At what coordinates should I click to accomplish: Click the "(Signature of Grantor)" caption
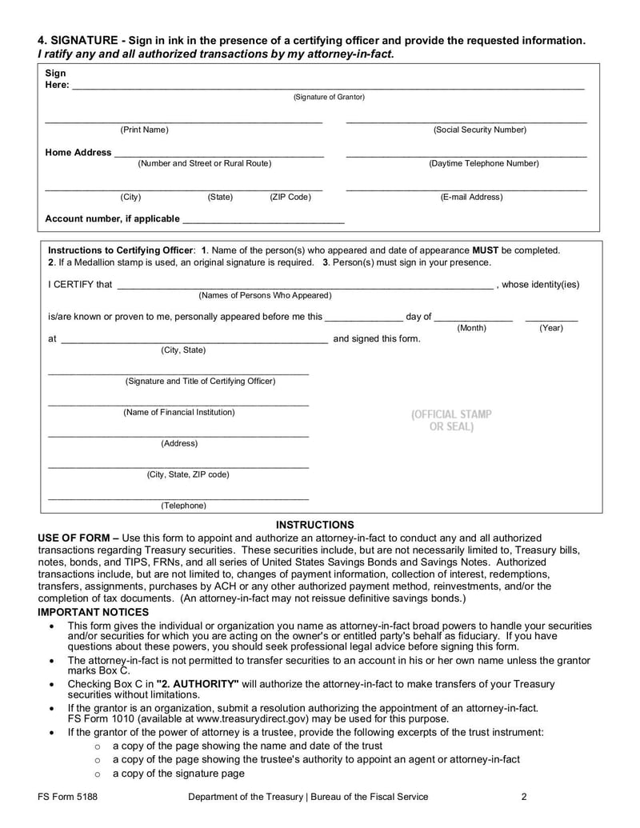329,97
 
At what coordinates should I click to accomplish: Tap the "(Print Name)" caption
144,130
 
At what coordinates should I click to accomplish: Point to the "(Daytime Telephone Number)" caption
483,163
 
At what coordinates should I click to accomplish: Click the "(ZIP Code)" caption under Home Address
290,197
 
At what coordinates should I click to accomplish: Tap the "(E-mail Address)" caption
472,197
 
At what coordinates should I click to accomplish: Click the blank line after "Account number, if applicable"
263,219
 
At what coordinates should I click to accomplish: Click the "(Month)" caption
471,328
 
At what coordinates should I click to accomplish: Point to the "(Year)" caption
551,328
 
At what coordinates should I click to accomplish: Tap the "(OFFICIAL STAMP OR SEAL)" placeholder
452,421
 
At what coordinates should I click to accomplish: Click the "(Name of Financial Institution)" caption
179,412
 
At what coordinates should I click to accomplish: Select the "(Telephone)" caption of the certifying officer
183,506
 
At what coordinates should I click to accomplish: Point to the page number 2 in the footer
524,797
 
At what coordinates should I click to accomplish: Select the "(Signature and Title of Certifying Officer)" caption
200,381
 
